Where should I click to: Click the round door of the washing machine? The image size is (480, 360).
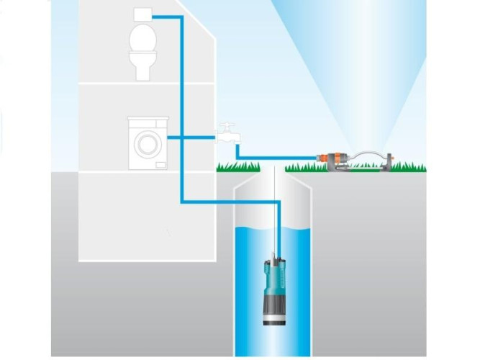click(x=146, y=142)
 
